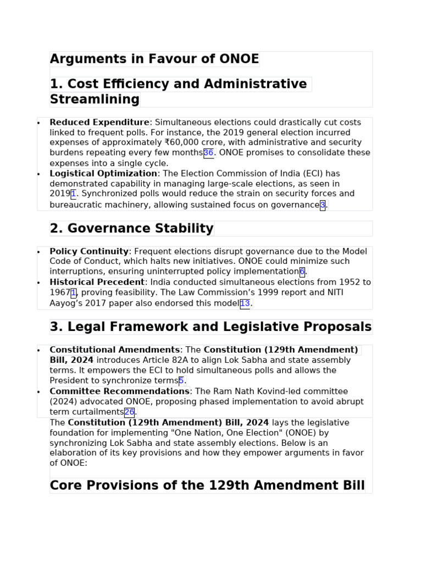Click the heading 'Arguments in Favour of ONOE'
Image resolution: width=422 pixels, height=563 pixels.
pyautogui.click(x=154, y=59)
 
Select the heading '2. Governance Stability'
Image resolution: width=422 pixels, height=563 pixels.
pyautogui.click(x=131, y=229)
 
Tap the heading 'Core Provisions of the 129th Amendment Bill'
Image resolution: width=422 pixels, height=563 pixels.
pyautogui.click(x=207, y=486)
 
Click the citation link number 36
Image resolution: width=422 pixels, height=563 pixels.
pyautogui.click(x=208, y=153)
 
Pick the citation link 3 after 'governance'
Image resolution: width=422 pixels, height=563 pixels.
pyautogui.click(x=323, y=205)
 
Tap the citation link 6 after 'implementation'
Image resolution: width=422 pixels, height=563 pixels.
pyautogui.click(x=302, y=272)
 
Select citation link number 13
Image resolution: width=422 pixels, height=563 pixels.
pyautogui.click(x=245, y=303)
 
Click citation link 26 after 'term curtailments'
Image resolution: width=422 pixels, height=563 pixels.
pyautogui.click(x=129, y=412)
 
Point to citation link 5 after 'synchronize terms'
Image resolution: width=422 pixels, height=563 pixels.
pyautogui.click(x=181, y=381)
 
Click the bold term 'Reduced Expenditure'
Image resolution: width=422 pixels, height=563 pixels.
pyautogui.click(x=99, y=123)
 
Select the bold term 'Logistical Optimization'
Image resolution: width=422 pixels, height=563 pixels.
pyautogui.click(x=103, y=174)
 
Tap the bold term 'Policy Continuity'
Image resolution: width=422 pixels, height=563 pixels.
pyautogui.click(x=89, y=252)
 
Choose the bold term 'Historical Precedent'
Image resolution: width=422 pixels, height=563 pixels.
pyautogui.click(x=97, y=283)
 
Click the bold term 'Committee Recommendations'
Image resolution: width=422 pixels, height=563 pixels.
pyautogui.click(x=119, y=391)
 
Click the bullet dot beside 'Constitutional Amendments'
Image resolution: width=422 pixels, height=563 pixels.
pyautogui.click(x=38, y=351)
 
